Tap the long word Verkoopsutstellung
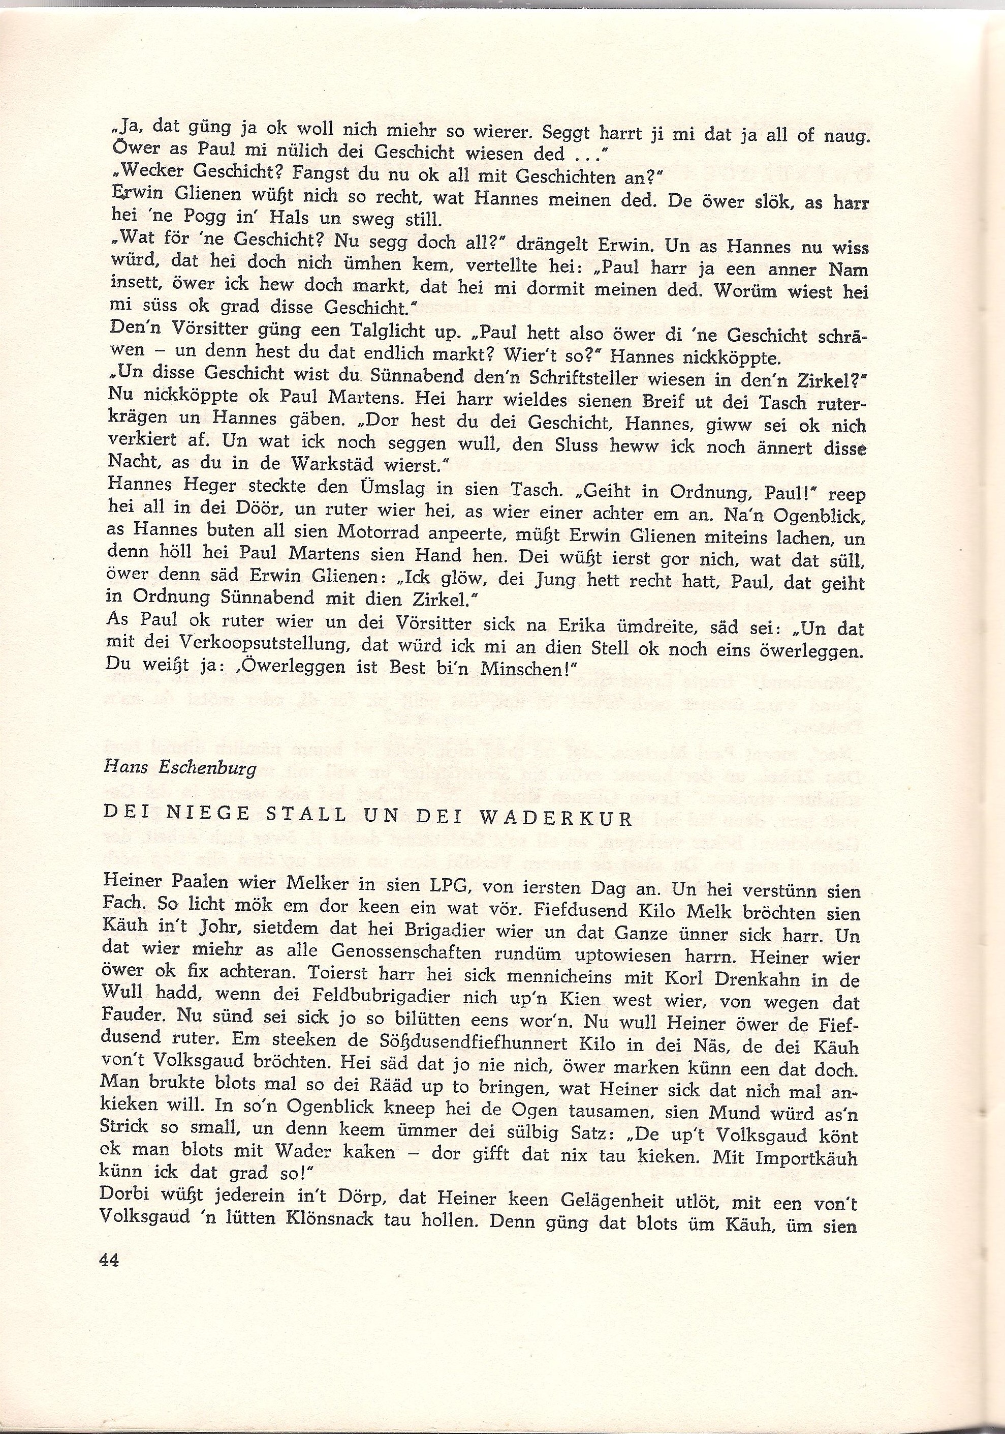[234, 649]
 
